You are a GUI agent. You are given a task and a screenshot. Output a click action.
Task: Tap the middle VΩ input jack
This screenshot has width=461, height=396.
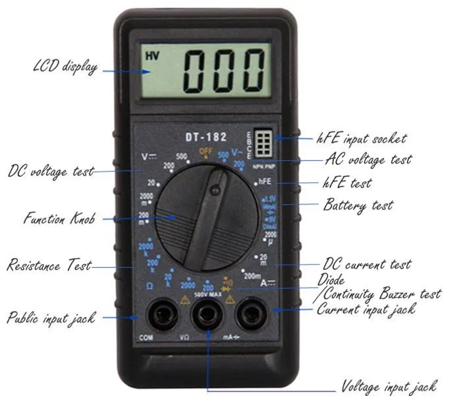[206, 315]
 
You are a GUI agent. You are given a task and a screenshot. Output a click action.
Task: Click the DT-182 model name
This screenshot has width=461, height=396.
[205, 137]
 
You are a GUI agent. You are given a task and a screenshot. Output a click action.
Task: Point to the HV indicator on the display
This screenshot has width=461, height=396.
[152, 56]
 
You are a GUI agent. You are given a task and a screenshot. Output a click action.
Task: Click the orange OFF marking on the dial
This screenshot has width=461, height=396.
[205, 150]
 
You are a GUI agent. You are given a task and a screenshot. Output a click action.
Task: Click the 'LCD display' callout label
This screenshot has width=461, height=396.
[65, 67]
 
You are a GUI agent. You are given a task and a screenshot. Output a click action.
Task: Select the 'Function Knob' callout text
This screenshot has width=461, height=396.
[58, 218]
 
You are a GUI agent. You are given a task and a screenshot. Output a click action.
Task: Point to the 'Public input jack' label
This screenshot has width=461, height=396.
[51, 317]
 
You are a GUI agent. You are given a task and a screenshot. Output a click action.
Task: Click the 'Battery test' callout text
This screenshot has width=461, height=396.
[357, 205]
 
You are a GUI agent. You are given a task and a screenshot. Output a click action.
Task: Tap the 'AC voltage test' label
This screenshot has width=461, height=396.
[368, 160]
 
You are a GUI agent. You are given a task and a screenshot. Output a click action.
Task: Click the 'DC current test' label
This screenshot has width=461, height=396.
[367, 265]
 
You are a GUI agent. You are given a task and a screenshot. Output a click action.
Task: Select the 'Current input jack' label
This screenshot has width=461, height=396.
[366, 308]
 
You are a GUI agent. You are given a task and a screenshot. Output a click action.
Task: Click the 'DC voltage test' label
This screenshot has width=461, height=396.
[51, 171]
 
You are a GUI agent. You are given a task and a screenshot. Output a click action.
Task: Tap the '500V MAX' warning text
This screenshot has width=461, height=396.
[206, 296]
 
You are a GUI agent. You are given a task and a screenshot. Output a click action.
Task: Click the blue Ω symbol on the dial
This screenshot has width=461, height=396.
[149, 285]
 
